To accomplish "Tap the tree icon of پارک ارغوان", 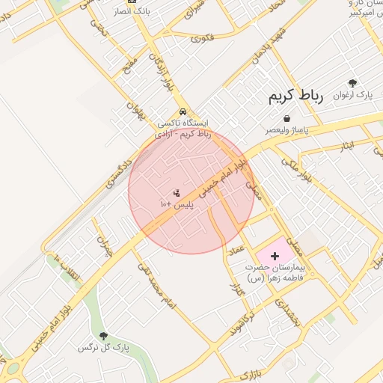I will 353,83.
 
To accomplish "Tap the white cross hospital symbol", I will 274,256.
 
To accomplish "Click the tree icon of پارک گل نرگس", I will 103,336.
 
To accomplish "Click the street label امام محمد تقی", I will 156,285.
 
